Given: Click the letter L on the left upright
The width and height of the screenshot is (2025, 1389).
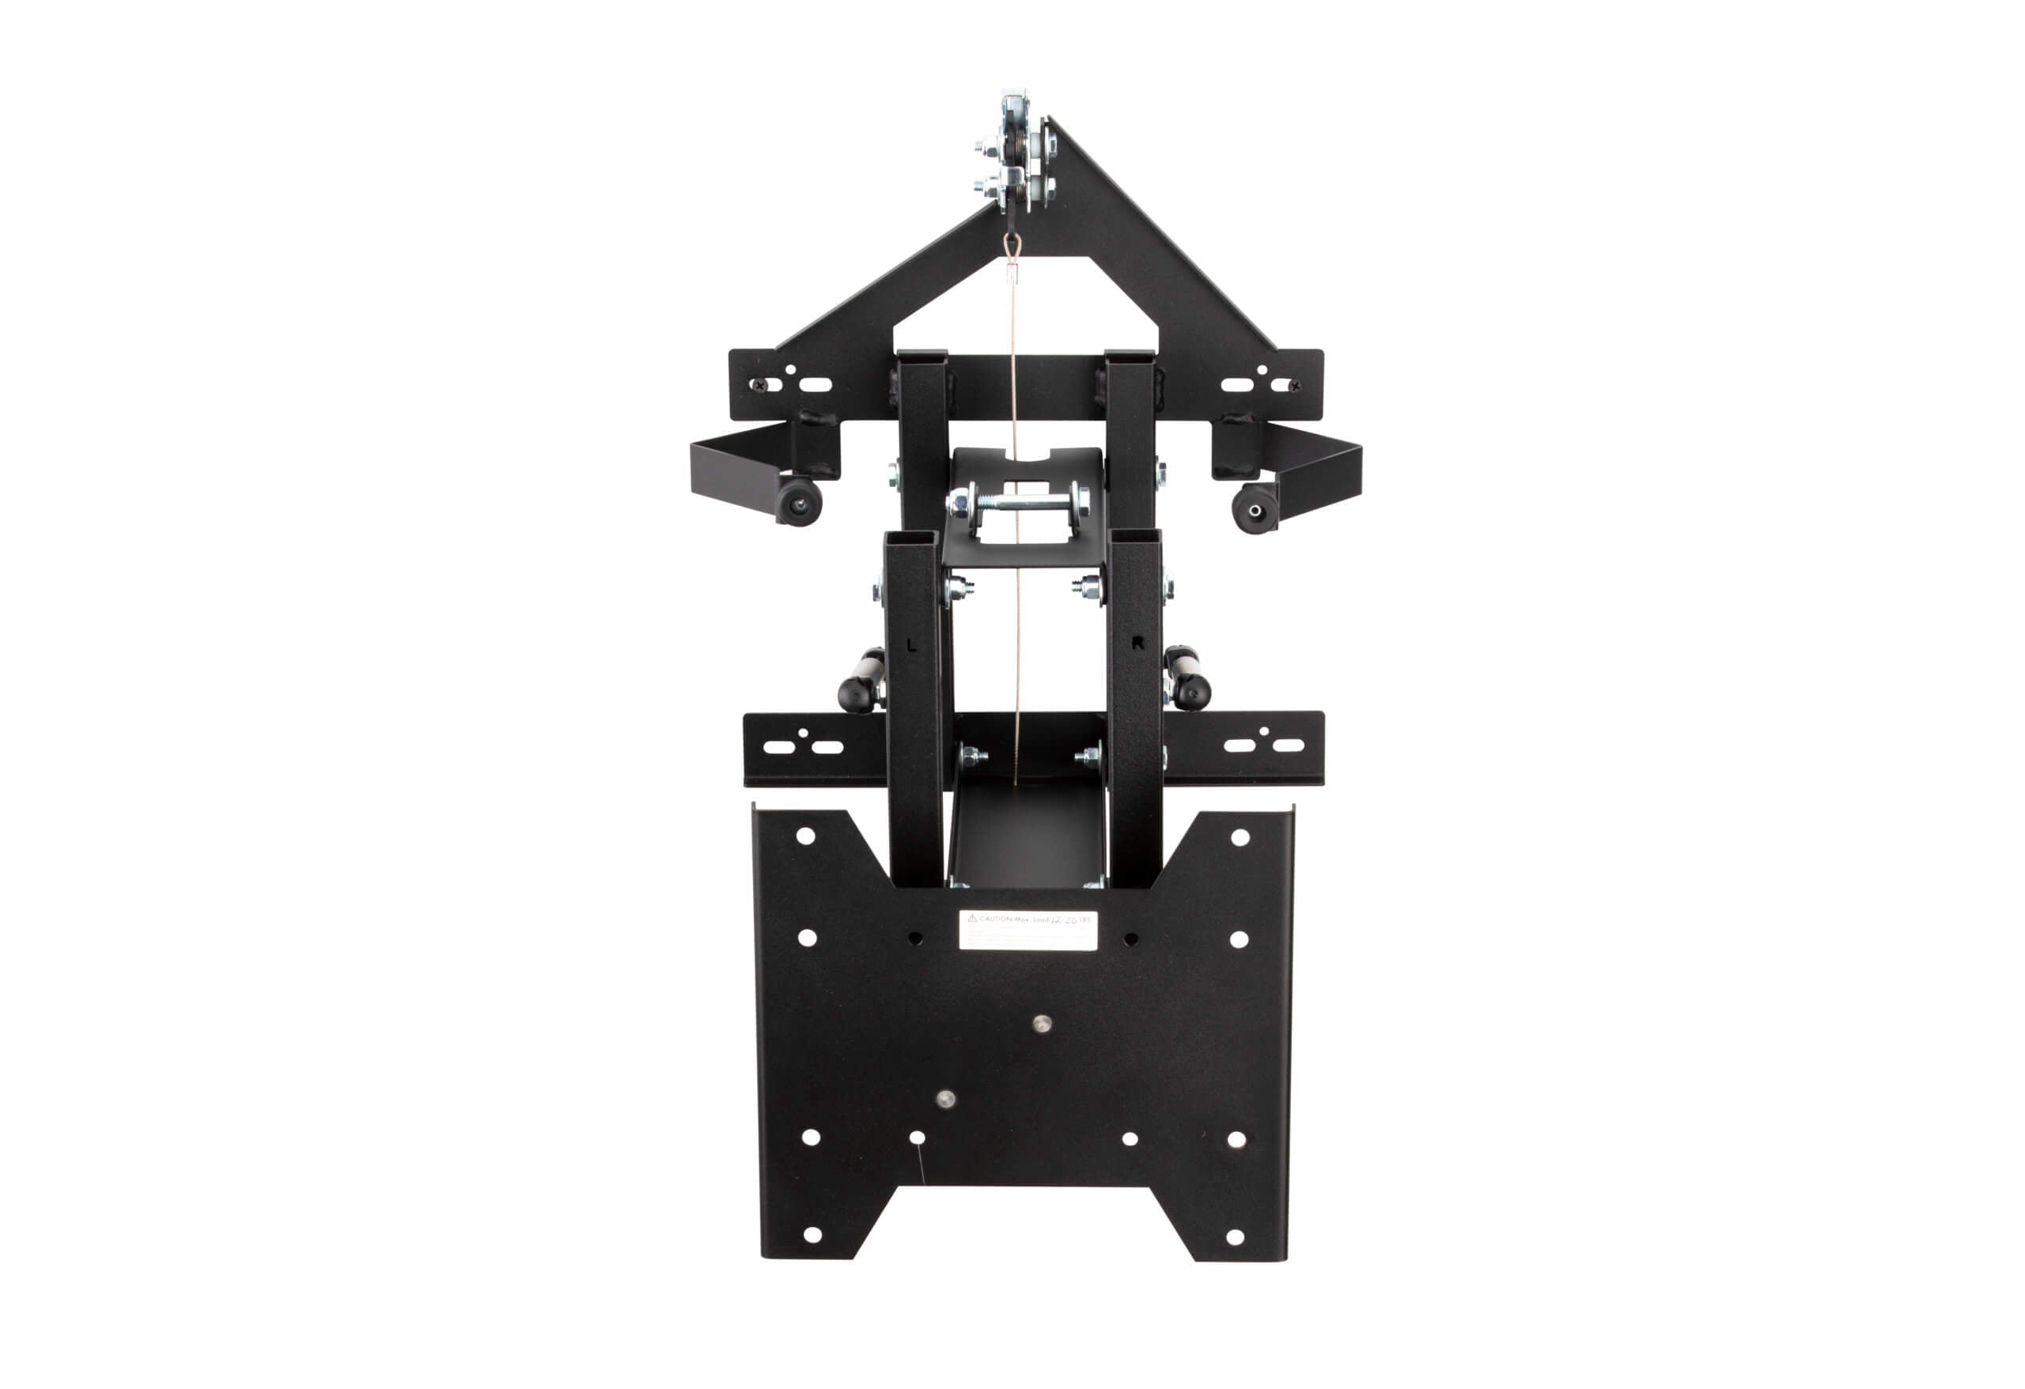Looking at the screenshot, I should click(911, 646).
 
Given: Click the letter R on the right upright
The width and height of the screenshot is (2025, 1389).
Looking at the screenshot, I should click(1137, 644).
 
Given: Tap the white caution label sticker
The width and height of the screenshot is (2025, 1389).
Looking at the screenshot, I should click(1028, 929).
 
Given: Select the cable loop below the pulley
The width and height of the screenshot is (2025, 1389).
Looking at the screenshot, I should click(1011, 247).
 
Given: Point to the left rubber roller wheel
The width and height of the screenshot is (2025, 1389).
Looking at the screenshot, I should click(798, 503).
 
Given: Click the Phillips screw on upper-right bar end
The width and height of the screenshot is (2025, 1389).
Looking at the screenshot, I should click(1295, 385).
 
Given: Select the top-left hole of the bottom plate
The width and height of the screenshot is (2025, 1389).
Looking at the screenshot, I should click(805, 836).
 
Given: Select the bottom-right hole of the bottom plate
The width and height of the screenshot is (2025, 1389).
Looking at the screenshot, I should click(1235, 1236).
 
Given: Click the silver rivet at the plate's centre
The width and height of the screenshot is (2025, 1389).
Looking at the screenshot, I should click(1041, 1023).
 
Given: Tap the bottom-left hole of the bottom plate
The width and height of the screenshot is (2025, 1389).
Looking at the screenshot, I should click(812, 1235).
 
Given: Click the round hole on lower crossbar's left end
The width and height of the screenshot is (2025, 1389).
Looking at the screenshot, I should click(804, 734).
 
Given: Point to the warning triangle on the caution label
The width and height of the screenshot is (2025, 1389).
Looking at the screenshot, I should click(972, 918).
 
